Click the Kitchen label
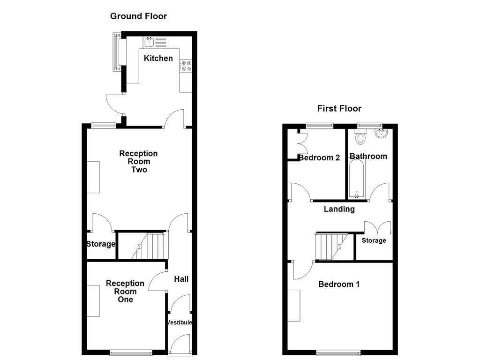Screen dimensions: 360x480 158,58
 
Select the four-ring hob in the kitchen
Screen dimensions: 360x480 186,66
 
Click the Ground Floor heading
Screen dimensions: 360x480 138,16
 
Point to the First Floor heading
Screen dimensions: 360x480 339,108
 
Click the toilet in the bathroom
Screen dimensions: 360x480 360,137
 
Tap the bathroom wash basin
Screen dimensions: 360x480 381,135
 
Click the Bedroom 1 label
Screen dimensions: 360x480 339,284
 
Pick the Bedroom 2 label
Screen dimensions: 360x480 319,157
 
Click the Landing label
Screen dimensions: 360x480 339,209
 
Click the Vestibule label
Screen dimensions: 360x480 180,322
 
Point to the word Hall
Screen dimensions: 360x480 181,279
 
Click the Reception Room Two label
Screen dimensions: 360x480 138,161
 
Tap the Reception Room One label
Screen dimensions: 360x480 125,291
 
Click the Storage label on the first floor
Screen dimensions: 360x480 374,240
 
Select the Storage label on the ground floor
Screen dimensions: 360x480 101,244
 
